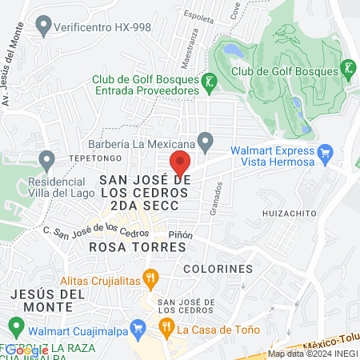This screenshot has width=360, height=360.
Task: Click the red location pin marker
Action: [x=181, y=162]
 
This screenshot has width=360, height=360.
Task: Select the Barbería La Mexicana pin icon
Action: [x=206, y=144]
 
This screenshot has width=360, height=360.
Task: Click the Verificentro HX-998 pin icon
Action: [x=44, y=26]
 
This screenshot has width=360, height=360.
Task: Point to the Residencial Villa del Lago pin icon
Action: [x=46, y=163]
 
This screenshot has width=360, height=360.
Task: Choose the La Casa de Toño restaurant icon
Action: [x=166, y=327]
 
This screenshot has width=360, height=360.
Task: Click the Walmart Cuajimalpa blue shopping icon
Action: [x=138, y=328]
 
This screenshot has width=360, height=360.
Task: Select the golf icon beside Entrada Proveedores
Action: [x=209, y=81]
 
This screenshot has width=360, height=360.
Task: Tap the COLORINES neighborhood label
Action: [x=218, y=269]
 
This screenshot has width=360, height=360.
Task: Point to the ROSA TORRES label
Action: [x=138, y=247]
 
